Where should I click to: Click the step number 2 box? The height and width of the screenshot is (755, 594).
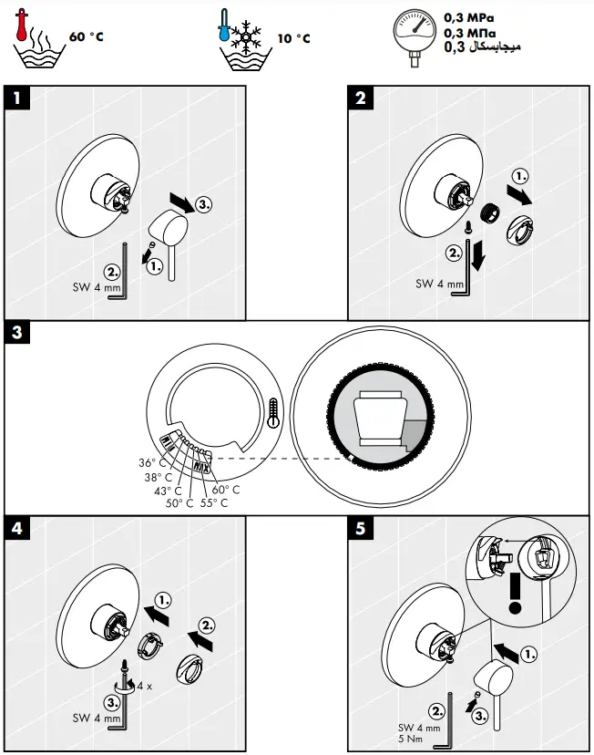pos(362,98)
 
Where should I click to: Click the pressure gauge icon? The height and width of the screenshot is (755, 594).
pos(415,36)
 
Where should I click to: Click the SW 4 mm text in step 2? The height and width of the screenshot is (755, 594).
pos(439,284)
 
